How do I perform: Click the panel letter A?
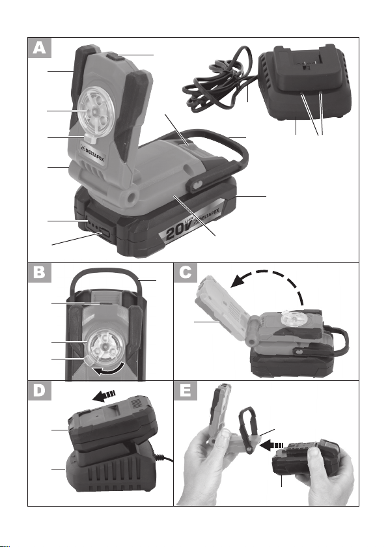[40, 48]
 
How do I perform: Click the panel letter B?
[40, 272]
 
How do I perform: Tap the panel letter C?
[186, 272]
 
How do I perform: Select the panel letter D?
[40, 390]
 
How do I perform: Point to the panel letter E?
[186, 390]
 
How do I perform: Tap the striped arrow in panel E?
[271, 445]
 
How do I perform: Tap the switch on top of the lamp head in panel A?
[113, 56]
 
